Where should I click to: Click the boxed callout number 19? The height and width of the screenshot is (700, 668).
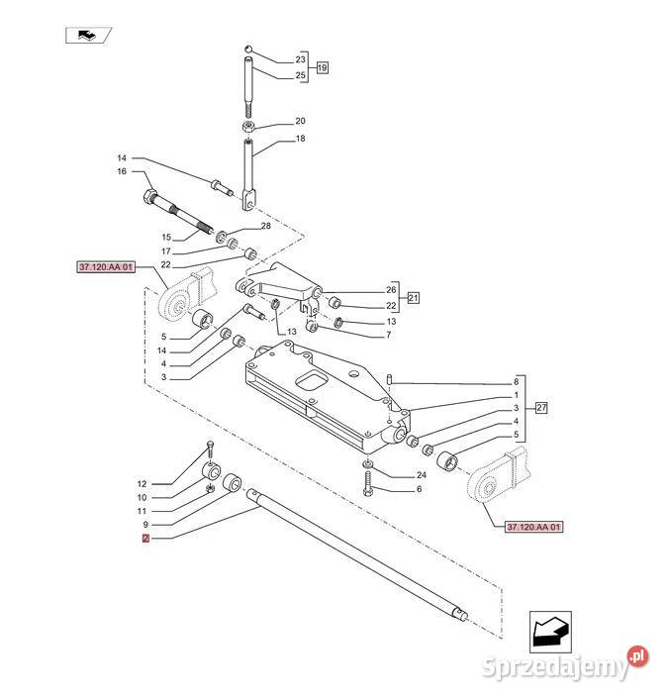322,68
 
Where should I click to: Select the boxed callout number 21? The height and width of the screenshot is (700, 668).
413,298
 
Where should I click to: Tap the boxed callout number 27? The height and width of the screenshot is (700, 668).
540,408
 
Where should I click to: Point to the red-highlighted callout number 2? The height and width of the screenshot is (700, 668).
145,539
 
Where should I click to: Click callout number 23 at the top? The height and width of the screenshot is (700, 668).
301,60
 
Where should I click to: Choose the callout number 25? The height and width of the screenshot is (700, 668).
301,75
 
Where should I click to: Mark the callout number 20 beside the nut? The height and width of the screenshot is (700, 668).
300,121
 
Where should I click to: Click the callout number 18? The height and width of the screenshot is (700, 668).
300,139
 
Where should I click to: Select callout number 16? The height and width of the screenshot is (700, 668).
149,171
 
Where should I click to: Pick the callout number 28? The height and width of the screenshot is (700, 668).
265,227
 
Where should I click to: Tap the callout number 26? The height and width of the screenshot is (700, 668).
363,290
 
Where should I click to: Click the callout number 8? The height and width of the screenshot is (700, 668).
516,381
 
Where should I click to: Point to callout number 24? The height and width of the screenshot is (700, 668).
420,476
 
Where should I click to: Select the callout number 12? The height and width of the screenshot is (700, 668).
143,483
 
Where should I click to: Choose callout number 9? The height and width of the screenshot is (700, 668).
144,524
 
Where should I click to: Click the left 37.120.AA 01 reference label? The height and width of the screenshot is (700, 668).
104,267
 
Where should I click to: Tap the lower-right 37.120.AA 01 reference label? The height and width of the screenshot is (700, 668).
532,528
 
